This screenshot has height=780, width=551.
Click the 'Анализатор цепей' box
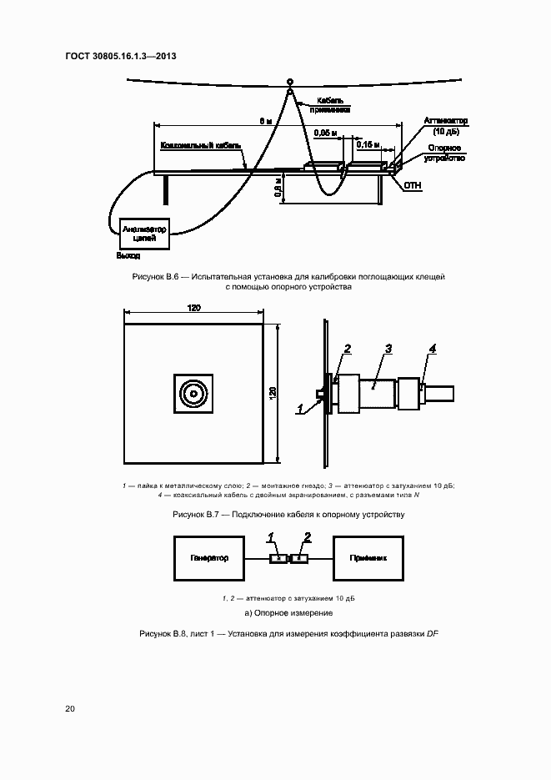(x=145, y=234)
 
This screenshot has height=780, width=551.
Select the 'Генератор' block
(x=208, y=558)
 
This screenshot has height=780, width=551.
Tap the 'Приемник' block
(x=369, y=558)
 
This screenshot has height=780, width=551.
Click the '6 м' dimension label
(x=265, y=121)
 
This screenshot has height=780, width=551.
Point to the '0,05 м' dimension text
(x=326, y=133)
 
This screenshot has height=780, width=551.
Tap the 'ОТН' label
(x=413, y=185)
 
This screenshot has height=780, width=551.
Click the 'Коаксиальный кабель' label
(x=201, y=144)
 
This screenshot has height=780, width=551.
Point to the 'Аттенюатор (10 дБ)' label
(x=446, y=126)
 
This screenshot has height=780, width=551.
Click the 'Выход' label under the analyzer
(x=128, y=255)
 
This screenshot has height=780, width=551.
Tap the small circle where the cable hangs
(x=290, y=82)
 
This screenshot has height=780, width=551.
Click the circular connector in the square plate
(x=193, y=394)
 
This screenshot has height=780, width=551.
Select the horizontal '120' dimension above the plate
(x=193, y=309)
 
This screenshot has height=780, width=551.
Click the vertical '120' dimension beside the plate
(x=273, y=392)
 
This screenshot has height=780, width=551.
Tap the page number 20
(x=70, y=709)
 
